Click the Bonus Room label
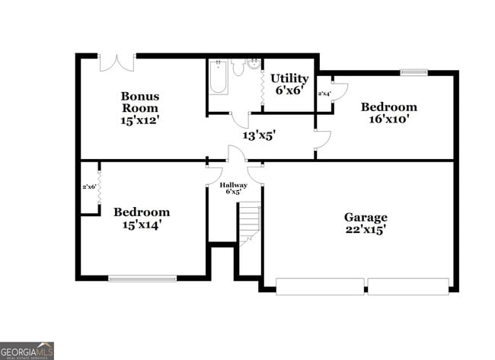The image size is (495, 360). click(x=141, y=102)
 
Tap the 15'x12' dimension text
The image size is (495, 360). click(x=141, y=120)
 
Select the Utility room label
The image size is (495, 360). click(x=289, y=78)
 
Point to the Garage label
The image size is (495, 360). click(x=366, y=217)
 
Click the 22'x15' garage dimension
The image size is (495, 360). click(x=366, y=230)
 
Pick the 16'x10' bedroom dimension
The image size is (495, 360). click(x=388, y=119)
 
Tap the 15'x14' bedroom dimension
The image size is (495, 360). click(x=142, y=225)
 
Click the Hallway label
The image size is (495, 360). click(x=233, y=185)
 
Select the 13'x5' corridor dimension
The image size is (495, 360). click(x=259, y=135)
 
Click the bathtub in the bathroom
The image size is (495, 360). click(x=218, y=77)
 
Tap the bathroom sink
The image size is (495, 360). click(x=254, y=65)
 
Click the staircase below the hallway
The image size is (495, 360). click(x=249, y=225)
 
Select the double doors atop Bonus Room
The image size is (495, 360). click(x=117, y=62)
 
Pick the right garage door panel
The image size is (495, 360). click(x=408, y=286)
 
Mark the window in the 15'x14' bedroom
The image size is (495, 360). click(x=142, y=278)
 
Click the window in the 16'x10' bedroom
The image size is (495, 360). click(x=414, y=72)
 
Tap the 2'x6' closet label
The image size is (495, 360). click(x=89, y=186)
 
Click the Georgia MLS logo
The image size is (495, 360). click(x=27, y=350)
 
